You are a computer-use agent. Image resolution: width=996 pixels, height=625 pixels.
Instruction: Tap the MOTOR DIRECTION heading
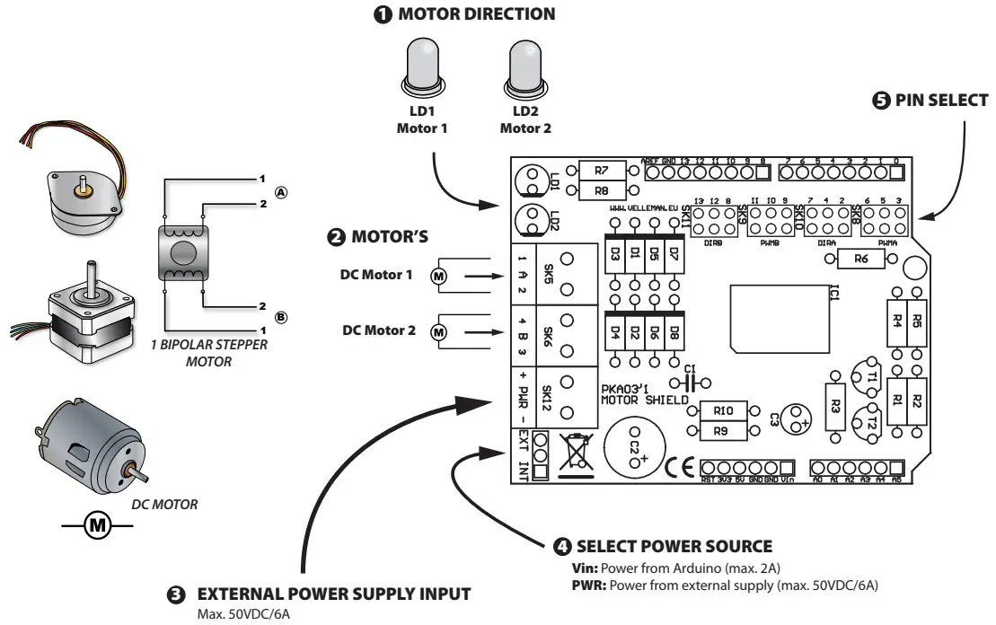(x=464, y=14)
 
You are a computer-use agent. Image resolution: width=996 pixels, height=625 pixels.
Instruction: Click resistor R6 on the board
(x=860, y=259)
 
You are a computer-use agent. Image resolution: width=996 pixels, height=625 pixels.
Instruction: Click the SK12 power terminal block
(x=556, y=396)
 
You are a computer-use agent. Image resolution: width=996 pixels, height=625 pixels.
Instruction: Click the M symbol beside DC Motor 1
(x=438, y=276)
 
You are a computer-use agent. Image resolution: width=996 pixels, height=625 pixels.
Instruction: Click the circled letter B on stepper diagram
(x=282, y=318)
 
